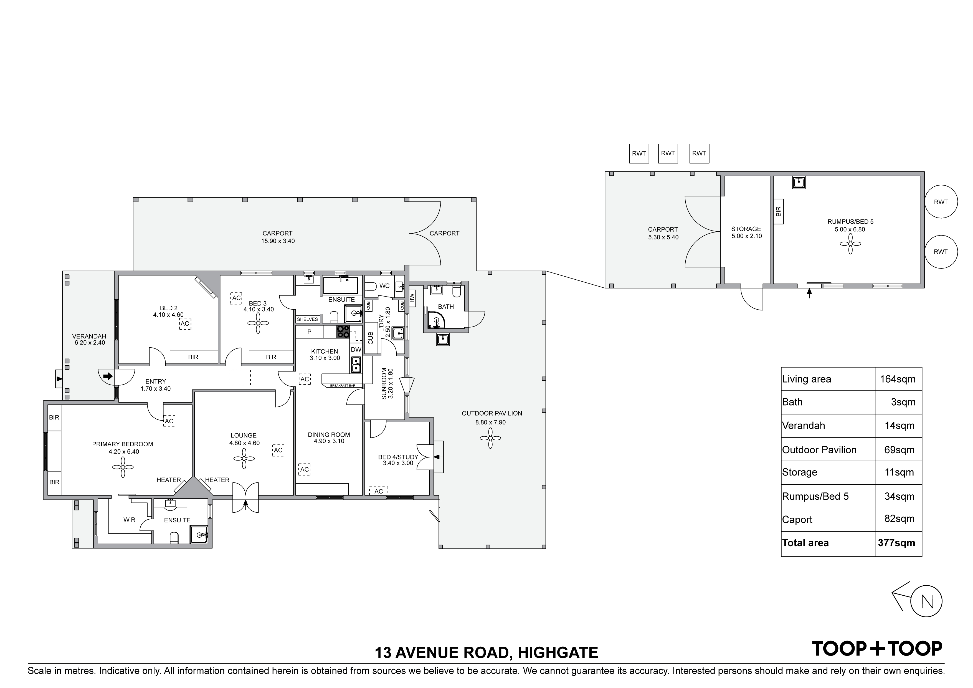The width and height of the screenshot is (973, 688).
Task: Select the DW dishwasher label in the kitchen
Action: [x=356, y=350]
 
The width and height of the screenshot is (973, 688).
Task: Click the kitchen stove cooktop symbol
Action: [x=343, y=332]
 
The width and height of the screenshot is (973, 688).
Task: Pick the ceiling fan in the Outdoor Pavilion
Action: [x=490, y=438]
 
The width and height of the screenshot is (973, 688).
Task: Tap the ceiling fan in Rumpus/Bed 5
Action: [x=850, y=244]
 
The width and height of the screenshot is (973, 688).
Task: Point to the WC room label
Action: [x=384, y=286]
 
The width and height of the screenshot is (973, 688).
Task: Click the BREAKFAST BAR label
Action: [x=343, y=385]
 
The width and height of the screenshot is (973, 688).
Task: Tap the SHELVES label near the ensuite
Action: [x=307, y=319]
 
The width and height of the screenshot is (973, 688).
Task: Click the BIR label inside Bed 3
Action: [x=271, y=357]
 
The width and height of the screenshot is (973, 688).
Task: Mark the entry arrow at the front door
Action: [x=108, y=376]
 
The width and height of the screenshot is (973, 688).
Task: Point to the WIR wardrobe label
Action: [x=129, y=520]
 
